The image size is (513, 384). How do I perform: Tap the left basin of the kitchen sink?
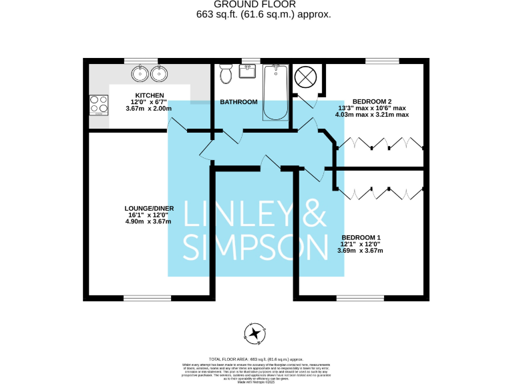(140, 72)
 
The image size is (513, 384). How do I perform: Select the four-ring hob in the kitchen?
(99, 105)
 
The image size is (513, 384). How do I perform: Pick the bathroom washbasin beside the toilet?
(248, 69)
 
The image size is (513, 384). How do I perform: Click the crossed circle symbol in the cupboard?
(304, 77)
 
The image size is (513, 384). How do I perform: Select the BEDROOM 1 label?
(361, 237)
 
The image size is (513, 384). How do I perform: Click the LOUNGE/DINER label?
(149, 208)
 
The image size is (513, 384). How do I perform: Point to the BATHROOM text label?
(238, 102)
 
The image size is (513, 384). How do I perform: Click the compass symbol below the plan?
(256, 333)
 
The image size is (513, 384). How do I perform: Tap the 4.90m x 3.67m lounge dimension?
(148, 221)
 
